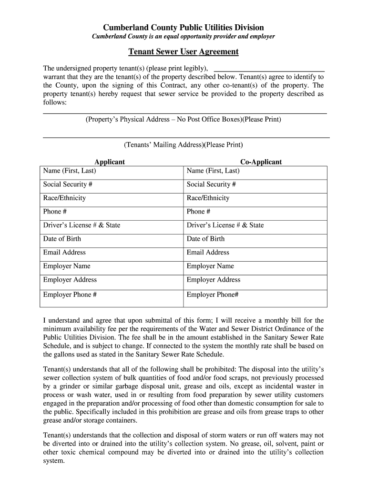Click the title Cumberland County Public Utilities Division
[x=183, y=28]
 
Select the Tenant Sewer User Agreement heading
[x=183, y=51]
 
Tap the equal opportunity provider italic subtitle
[x=183, y=37]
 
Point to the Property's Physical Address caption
[x=183, y=119]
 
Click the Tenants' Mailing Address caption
[x=183, y=144]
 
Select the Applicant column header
[x=110, y=162]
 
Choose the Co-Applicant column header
[x=261, y=162]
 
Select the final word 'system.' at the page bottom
[x=53, y=461]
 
